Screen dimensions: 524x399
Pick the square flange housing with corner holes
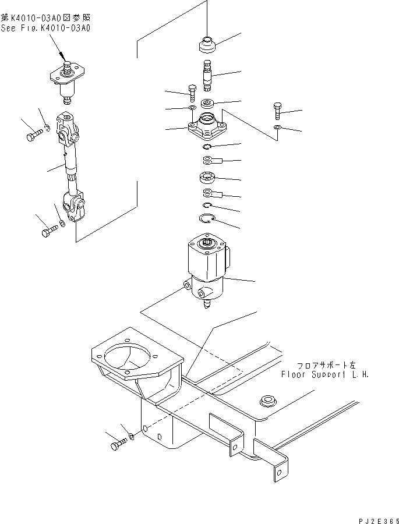click(208, 129)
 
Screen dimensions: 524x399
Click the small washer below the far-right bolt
click(278, 128)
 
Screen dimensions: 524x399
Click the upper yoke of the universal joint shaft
click(69, 131)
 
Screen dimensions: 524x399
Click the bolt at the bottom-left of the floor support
click(116, 446)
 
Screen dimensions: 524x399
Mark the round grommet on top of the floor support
click(268, 400)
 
